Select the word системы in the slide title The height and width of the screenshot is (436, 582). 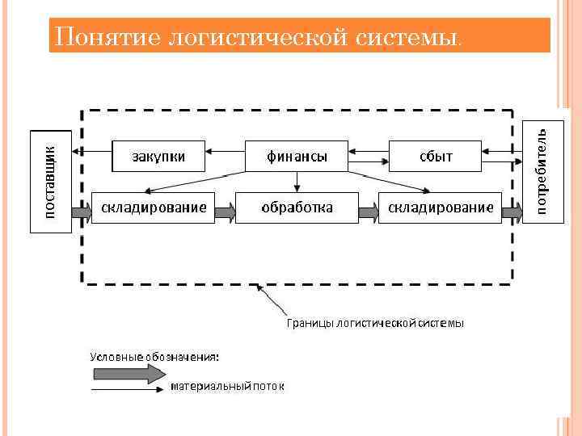[409, 36]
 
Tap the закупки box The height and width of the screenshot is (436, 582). [158, 156]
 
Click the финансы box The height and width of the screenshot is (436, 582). [297, 156]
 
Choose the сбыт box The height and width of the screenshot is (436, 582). [436, 156]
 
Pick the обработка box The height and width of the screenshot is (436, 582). [297, 208]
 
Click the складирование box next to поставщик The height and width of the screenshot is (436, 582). [154, 208]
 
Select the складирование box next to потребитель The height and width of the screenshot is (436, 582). [441, 208]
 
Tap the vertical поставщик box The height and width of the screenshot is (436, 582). [51, 181]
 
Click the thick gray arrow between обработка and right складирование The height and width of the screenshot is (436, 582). [369, 212]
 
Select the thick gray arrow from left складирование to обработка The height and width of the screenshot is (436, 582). [226, 212]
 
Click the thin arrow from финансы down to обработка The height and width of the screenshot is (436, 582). [297, 182]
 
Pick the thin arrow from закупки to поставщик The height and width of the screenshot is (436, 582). [91, 150]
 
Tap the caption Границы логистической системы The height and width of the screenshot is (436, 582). [375, 323]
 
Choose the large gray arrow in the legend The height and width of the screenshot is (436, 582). [128, 373]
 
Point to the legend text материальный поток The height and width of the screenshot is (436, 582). [227, 387]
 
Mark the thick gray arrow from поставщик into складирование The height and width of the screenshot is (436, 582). [82, 212]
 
